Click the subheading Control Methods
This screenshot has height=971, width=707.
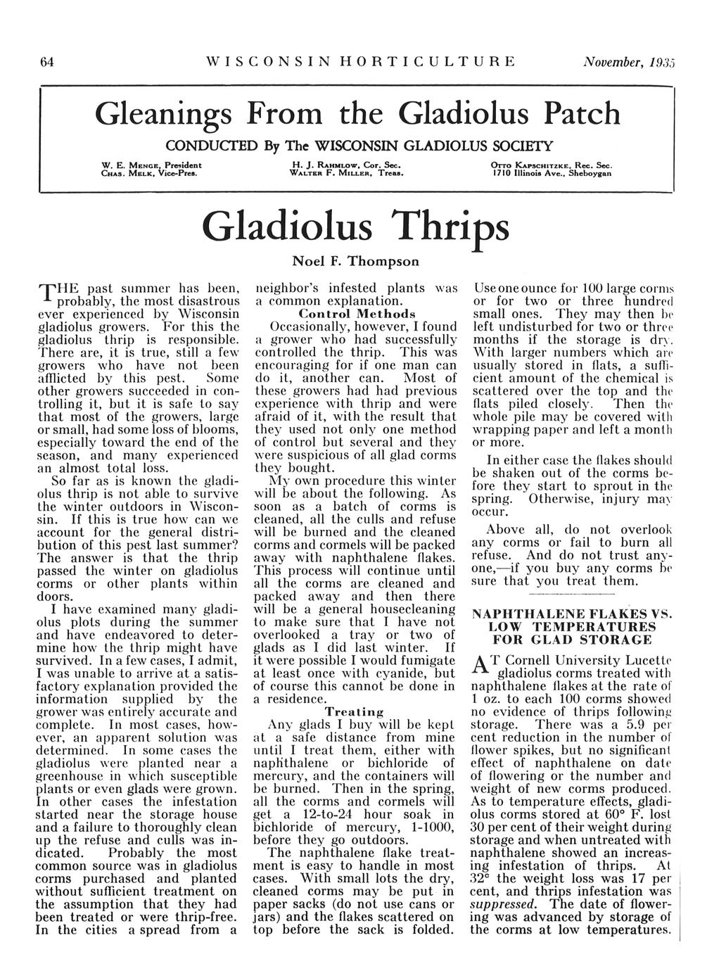(357, 313)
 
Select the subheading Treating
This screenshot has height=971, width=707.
(354, 712)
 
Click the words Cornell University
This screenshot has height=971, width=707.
(549, 661)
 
